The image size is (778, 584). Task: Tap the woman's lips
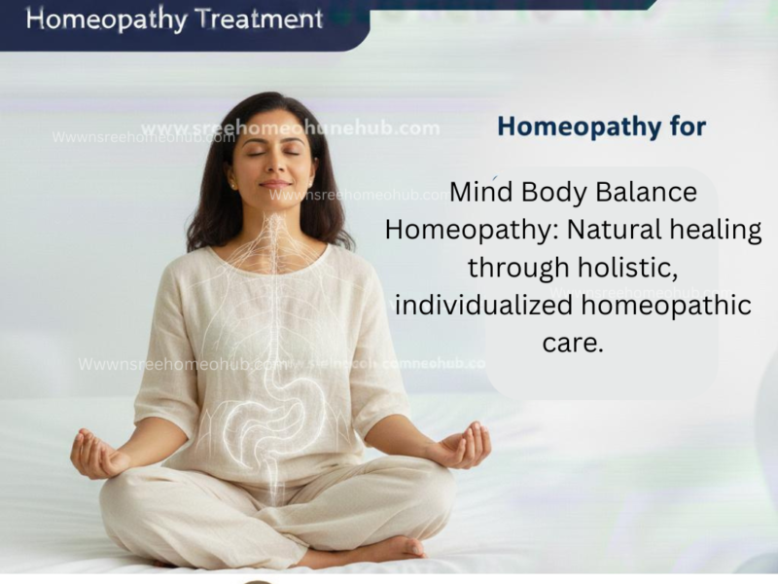[x=276, y=184]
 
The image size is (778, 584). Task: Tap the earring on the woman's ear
[x=231, y=183]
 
